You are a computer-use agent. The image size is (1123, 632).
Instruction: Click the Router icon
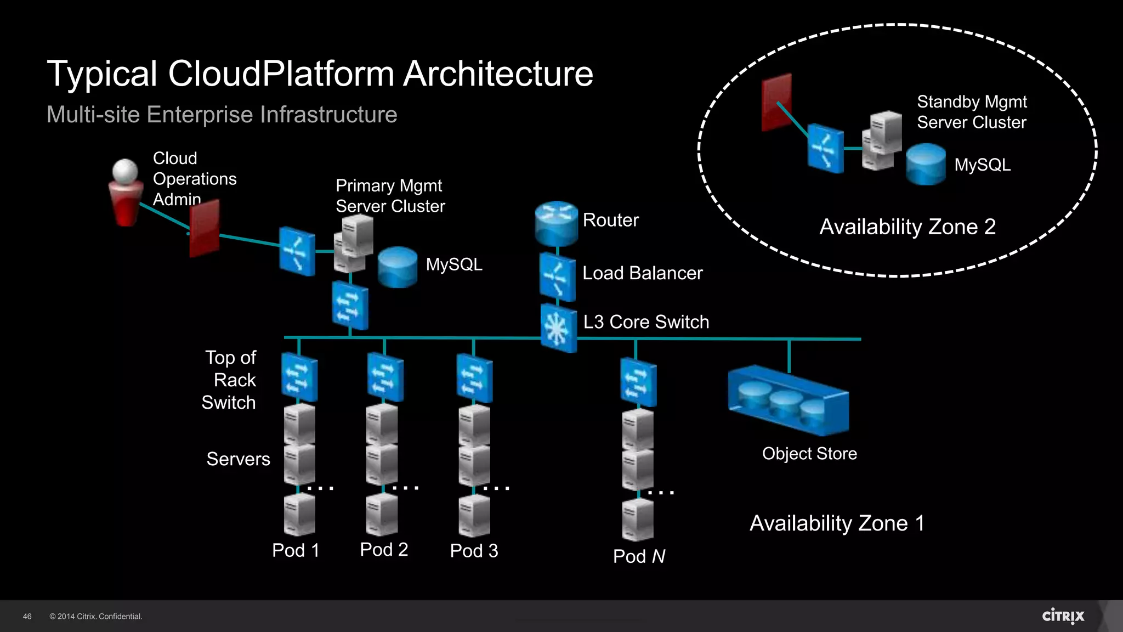[556, 223]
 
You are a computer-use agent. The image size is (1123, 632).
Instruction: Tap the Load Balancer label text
[642, 273]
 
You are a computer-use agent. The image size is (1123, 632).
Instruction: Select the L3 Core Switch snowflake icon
[558, 328]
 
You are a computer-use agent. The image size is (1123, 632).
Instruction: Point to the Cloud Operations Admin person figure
[126, 193]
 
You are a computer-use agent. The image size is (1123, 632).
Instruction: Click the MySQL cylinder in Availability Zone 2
[926, 165]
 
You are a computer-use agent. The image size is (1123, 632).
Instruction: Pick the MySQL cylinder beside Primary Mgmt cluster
[398, 267]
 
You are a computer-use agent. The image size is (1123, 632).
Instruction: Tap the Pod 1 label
[296, 550]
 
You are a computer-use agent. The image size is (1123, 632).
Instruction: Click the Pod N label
[639, 556]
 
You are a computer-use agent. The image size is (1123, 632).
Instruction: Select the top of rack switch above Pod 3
[474, 379]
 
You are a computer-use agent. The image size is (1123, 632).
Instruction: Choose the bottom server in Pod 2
[382, 515]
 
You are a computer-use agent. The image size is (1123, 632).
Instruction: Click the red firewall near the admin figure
[205, 228]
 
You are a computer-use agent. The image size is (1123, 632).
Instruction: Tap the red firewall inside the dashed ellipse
[776, 103]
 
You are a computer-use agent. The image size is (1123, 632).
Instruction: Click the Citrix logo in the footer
[1063, 616]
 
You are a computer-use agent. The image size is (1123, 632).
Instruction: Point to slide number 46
[27, 617]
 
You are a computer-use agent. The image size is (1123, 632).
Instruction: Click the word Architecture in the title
[498, 74]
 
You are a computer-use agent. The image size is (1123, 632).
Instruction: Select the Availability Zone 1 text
[837, 523]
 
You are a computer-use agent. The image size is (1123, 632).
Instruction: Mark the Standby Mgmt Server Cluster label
[972, 112]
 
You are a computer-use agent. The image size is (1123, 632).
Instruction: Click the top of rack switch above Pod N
[638, 382]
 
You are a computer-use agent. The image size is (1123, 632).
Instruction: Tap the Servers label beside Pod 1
[238, 459]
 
